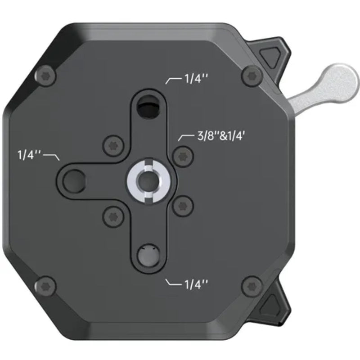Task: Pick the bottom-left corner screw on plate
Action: point(47,286)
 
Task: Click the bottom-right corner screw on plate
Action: point(251,286)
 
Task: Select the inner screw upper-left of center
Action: point(113,145)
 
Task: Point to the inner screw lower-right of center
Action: point(182,206)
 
